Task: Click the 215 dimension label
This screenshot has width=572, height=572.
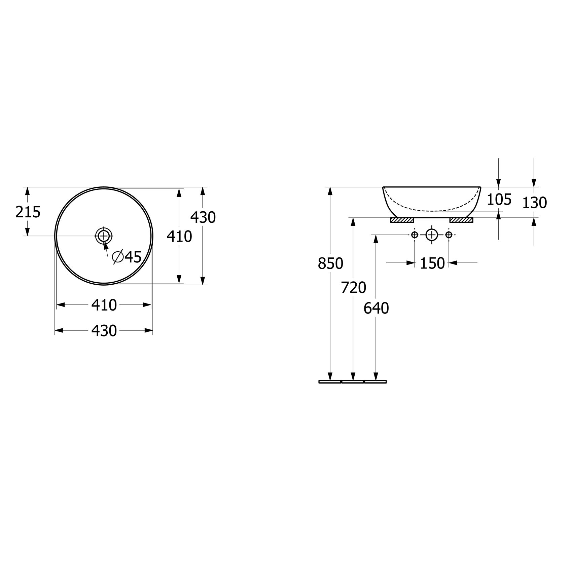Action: click(x=28, y=212)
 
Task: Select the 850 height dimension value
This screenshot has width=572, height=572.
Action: click(x=330, y=263)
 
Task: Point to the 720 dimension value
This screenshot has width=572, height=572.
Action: click(x=353, y=288)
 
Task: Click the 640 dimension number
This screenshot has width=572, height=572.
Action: click(x=376, y=308)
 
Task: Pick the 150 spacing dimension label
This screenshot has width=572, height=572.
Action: click(x=432, y=263)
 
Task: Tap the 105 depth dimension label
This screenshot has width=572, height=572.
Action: click(x=499, y=200)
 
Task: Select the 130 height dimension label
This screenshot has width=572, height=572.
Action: click(x=535, y=203)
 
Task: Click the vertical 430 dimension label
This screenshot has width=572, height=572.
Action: click(x=203, y=218)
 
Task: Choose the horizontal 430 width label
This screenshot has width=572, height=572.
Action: click(x=104, y=331)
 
